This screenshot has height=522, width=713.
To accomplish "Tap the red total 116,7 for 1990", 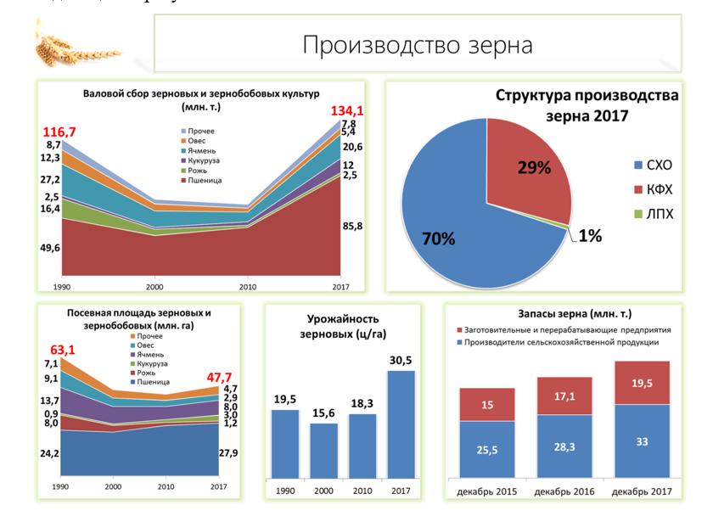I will click(59, 133).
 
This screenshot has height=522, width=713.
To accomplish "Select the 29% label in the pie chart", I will click(534, 167).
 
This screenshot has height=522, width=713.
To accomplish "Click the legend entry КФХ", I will click(653, 188).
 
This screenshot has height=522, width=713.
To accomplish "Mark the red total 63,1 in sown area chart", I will click(64, 348).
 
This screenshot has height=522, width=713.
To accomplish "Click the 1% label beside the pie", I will click(591, 236).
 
